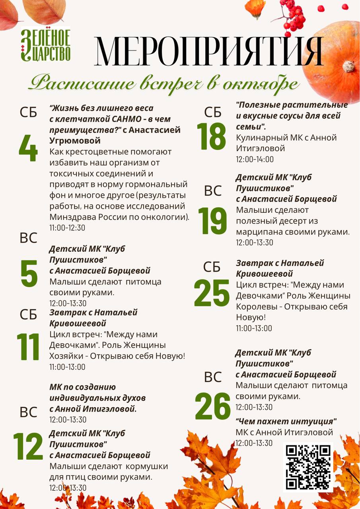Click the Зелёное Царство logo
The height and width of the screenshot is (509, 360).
point(45,44)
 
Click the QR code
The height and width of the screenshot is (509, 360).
point(308,466)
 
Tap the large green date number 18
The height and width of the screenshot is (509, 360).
point(212,136)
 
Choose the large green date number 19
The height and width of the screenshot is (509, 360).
point(212,221)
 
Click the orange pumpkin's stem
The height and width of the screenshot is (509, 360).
point(349,66)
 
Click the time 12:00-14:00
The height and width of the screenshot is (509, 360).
point(255,159)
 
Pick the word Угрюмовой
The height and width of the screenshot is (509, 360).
point(75,141)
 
